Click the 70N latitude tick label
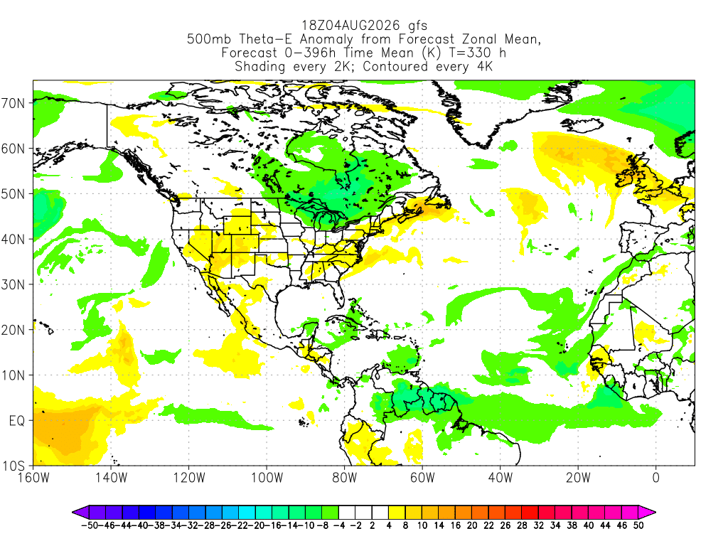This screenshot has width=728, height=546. pyautogui.click(x=13, y=103)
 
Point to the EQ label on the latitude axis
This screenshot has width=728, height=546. pyautogui.click(x=17, y=421)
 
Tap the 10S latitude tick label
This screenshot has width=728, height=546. pyautogui.click(x=13, y=466)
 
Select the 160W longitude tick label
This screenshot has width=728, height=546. pyautogui.click(x=33, y=478)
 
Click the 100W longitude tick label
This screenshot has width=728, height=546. pyautogui.click(x=267, y=478)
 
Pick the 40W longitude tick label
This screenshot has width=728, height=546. pyautogui.click(x=500, y=478)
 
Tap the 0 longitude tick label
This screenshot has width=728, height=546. pyautogui.click(x=655, y=478)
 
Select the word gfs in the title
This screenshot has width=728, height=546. pyautogui.click(x=417, y=26)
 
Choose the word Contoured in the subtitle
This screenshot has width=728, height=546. pyautogui.click(x=395, y=66)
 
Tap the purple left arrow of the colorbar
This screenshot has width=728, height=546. pyautogui.click(x=80, y=513)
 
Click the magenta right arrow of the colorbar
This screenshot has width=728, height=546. pyautogui.click(x=647, y=513)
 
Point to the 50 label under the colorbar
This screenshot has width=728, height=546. pyautogui.click(x=638, y=525)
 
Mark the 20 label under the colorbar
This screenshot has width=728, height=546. pyautogui.click(x=472, y=525)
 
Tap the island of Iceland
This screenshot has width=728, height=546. pyautogui.click(x=582, y=124)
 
